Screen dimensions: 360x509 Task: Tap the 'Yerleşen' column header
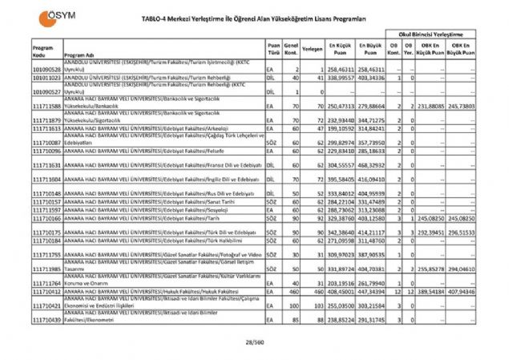pyautogui.click(x=313, y=48)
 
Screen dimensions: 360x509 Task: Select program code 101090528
pyautogui.click(x=46, y=71)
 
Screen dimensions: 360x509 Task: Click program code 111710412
pyautogui.click(x=46, y=293)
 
